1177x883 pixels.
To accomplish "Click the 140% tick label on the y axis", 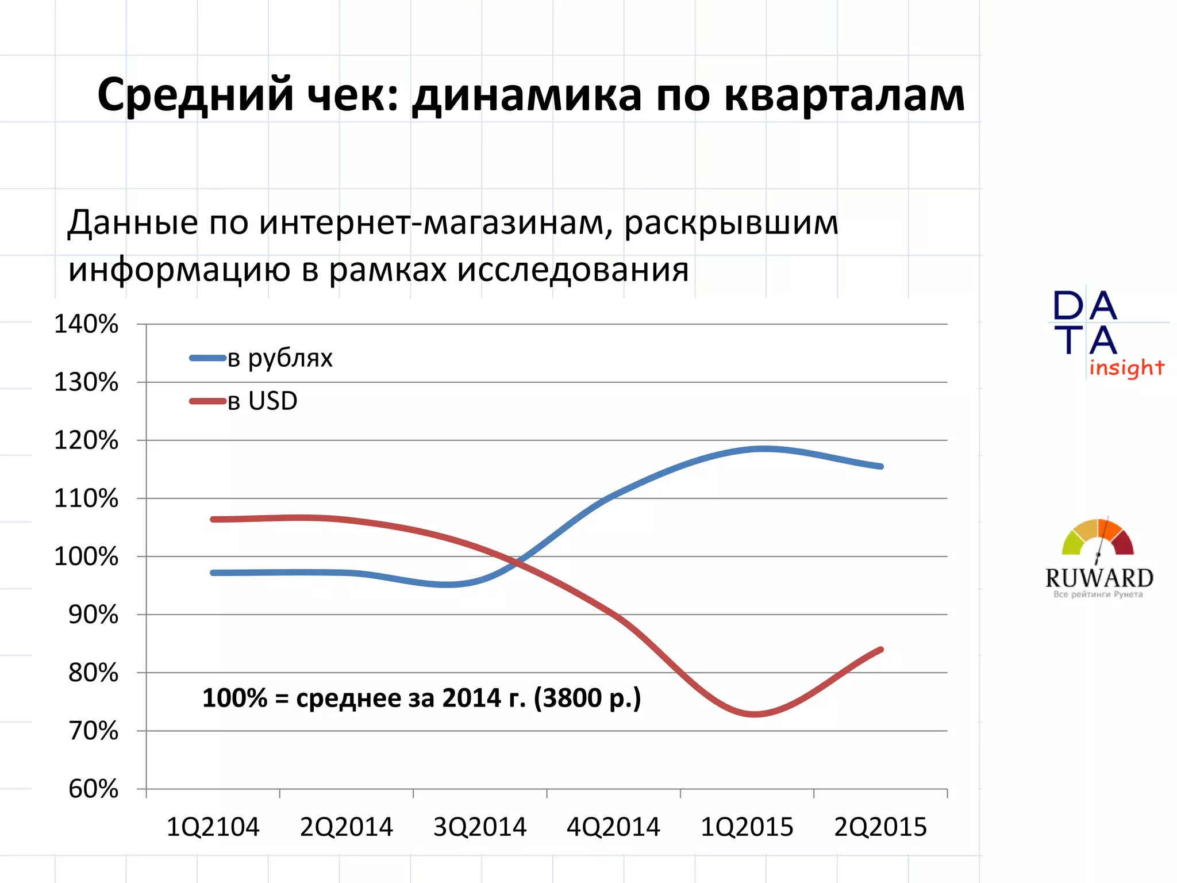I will tap(86, 324).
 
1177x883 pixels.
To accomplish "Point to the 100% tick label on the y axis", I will tap(86, 556).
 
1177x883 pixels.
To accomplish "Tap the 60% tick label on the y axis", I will tap(93, 789).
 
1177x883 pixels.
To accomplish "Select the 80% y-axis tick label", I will tap(93, 673).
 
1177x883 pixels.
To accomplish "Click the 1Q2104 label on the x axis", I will tap(213, 827).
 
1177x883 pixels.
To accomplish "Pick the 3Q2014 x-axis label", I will tap(480, 827).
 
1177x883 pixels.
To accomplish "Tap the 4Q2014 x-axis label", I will tap(613, 827).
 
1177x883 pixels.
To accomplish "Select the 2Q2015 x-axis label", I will tap(880, 827).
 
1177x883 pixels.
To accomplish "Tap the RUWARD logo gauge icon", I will tap(1098, 538).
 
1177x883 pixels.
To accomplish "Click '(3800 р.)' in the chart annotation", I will tap(587, 698).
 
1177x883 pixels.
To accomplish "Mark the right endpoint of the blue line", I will tap(881, 466).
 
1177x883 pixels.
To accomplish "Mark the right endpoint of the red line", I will tap(881, 650).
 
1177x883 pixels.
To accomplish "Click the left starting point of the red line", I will tap(213, 519).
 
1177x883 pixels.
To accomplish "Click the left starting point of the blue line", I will tap(213, 573).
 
